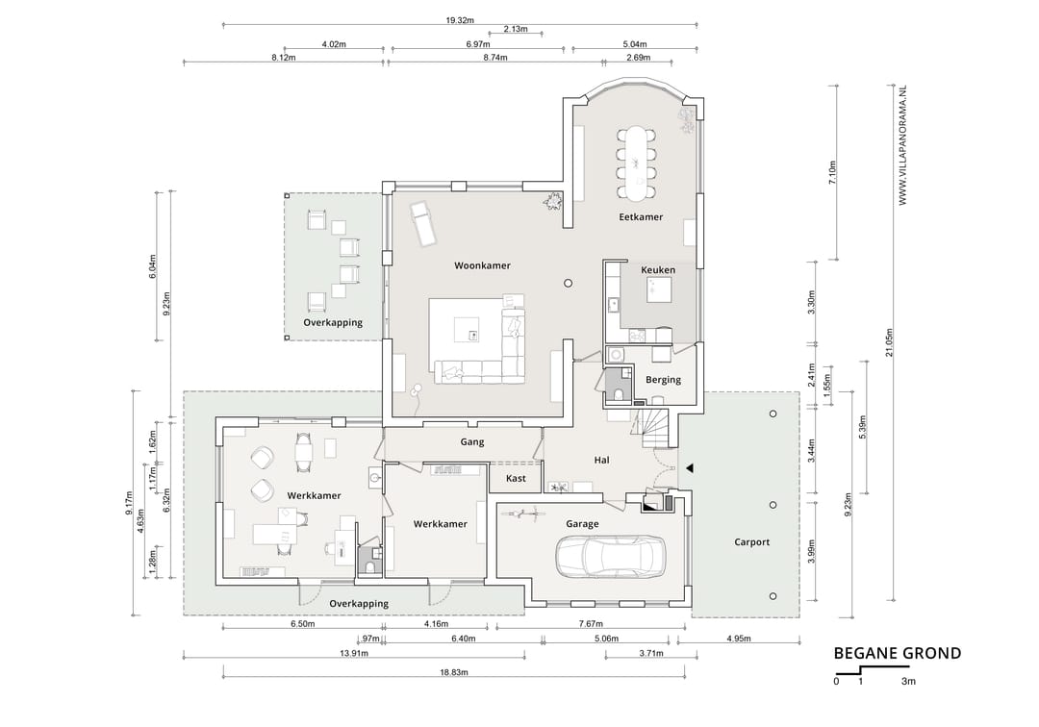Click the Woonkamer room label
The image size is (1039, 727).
(x=482, y=265)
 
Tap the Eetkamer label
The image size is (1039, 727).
(x=640, y=216)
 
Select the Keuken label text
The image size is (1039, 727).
(x=658, y=269)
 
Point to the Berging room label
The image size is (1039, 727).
(x=663, y=380)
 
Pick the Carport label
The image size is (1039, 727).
(x=751, y=541)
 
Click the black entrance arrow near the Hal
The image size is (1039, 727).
(x=689, y=468)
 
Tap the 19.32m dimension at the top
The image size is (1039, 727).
(x=459, y=20)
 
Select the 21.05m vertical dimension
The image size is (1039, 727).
(x=889, y=342)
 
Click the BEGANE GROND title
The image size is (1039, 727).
(x=898, y=654)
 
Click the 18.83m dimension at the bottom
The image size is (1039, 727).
(x=454, y=672)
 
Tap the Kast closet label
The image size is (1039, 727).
(x=516, y=478)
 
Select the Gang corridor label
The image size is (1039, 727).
(x=471, y=441)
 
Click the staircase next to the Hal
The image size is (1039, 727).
(x=656, y=428)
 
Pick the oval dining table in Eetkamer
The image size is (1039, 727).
(x=637, y=163)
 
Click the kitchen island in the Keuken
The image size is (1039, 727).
(x=659, y=289)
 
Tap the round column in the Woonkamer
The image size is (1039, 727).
(x=568, y=283)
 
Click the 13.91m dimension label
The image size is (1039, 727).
(x=354, y=653)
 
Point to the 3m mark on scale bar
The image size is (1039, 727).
(x=908, y=681)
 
